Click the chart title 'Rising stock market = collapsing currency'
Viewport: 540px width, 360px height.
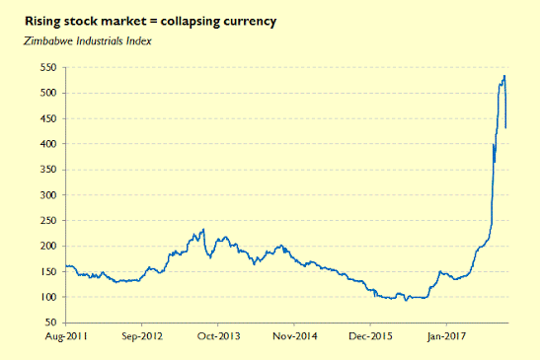pyautogui.click(x=150, y=22)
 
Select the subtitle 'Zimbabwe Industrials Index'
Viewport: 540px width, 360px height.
pyautogui.click(x=88, y=41)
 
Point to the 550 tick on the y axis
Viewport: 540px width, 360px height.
pyautogui.click(x=48, y=67)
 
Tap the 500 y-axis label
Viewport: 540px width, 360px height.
pyautogui.click(x=48, y=93)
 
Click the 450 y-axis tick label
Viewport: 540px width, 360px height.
pyautogui.click(x=48, y=118)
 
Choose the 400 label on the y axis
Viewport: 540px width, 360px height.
pyautogui.click(x=48, y=144)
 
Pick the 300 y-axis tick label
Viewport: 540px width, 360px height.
pyautogui.click(x=48, y=195)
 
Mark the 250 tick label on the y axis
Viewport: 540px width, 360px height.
pyautogui.click(x=48, y=221)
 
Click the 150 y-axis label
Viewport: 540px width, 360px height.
pyautogui.click(x=48, y=271)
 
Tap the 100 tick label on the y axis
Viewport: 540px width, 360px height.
pyautogui.click(x=48, y=297)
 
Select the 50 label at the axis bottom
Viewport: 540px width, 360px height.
pyautogui.click(x=50, y=323)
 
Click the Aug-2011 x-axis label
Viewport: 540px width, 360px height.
pyautogui.click(x=66, y=336)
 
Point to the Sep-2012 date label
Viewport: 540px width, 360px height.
pyautogui.click(x=142, y=336)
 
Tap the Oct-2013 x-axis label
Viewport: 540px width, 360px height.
pyautogui.click(x=218, y=336)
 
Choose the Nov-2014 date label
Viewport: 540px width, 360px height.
pyautogui.click(x=295, y=336)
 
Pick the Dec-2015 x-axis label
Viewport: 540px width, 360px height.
pyautogui.click(x=370, y=336)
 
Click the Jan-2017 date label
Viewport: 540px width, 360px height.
pyautogui.click(x=446, y=336)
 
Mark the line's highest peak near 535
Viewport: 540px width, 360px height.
pyautogui.click(x=504, y=76)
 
